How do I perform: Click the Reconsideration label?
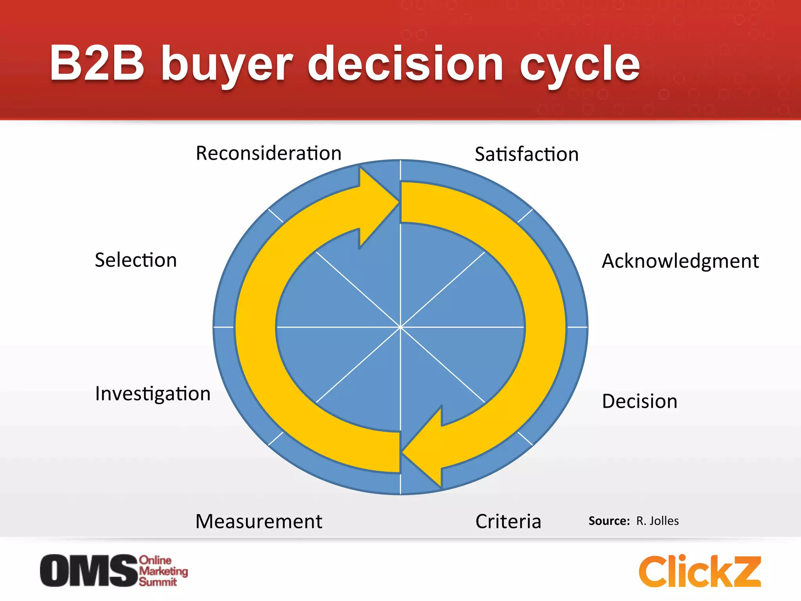(x=269, y=153)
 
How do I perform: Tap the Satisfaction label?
(x=526, y=154)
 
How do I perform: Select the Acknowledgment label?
(x=680, y=261)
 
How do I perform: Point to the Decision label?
(x=639, y=401)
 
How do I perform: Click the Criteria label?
(x=508, y=522)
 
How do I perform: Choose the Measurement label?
(x=259, y=522)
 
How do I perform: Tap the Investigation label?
(x=153, y=394)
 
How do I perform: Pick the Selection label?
(x=136, y=260)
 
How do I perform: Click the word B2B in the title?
(x=97, y=63)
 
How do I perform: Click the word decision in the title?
(x=405, y=63)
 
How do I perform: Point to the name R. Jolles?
(x=657, y=521)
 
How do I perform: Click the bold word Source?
(x=609, y=521)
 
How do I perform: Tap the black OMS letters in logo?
(x=89, y=570)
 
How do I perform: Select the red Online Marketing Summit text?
(x=163, y=571)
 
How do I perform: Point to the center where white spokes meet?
(x=400, y=327)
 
